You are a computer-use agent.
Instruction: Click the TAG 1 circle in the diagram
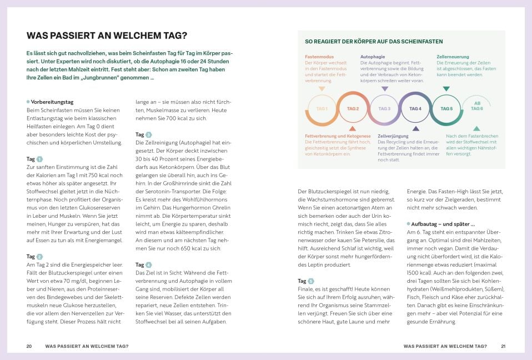pyautogui.click(x=322, y=108)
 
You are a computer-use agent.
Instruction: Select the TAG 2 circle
pyautogui.click(x=353, y=108)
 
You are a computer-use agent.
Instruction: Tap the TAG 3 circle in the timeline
pyautogui.click(x=384, y=108)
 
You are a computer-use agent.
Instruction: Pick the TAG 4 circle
pyautogui.click(x=415, y=108)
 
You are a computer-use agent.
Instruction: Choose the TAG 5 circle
pyautogui.click(x=446, y=108)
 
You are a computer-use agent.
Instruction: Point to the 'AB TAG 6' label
pyautogui.click(x=477, y=106)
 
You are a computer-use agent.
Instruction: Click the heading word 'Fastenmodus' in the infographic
pyautogui.click(x=319, y=57)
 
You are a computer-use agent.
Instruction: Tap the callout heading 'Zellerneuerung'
pyautogui.click(x=453, y=57)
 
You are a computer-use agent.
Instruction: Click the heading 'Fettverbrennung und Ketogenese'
pyautogui.click(x=338, y=136)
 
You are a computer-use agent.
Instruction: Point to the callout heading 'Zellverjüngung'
pyautogui.click(x=393, y=136)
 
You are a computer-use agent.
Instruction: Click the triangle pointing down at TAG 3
pyautogui.click(x=384, y=88)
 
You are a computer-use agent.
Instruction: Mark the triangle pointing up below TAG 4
pyautogui.click(x=415, y=128)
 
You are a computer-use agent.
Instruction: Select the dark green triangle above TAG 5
pyautogui.click(x=446, y=88)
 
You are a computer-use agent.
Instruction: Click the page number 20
pyautogui.click(x=29, y=346)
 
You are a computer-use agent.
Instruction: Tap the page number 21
pyautogui.click(x=503, y=346)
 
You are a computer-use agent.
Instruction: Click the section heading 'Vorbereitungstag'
pyautogui.click(x=52, y=102)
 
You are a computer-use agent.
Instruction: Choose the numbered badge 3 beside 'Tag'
pyautogui.click(x=148, y=134)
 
